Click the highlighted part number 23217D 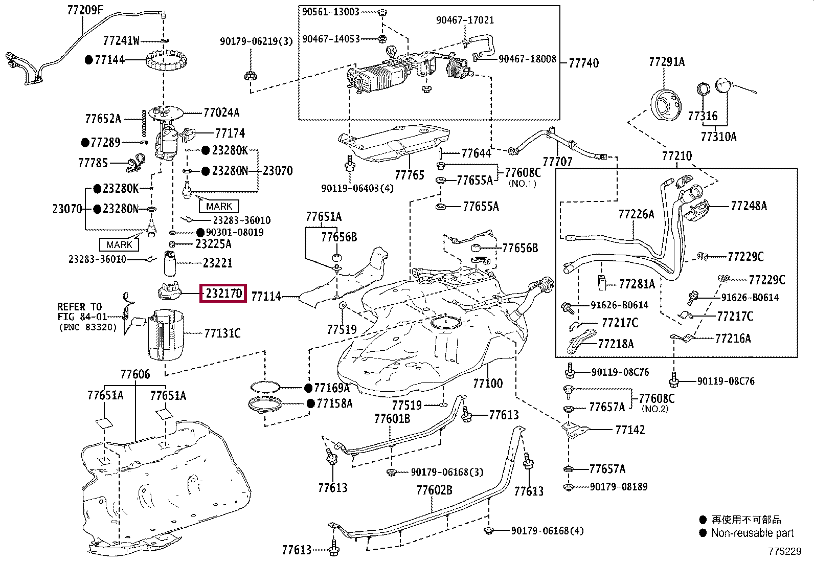coord(223,293)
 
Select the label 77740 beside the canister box coord(583,63)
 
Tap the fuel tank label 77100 coord(488,383)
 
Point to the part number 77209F coord(85,10)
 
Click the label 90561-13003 coord(330,12)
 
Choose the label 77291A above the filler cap coord(667,62)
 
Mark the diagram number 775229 coord(784,551)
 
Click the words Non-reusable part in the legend coord(752,533)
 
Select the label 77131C coord(222,333)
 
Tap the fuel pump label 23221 coord(217,263)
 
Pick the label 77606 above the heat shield coord(135,374)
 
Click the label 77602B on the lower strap coord(434,490)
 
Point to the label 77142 coord(630,430)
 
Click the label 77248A coord(749,206)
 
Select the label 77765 coord(410,175)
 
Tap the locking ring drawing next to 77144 coord(166,61)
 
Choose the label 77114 coord(266,296)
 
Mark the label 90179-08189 coord(619,486)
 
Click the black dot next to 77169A coord(308,388)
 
